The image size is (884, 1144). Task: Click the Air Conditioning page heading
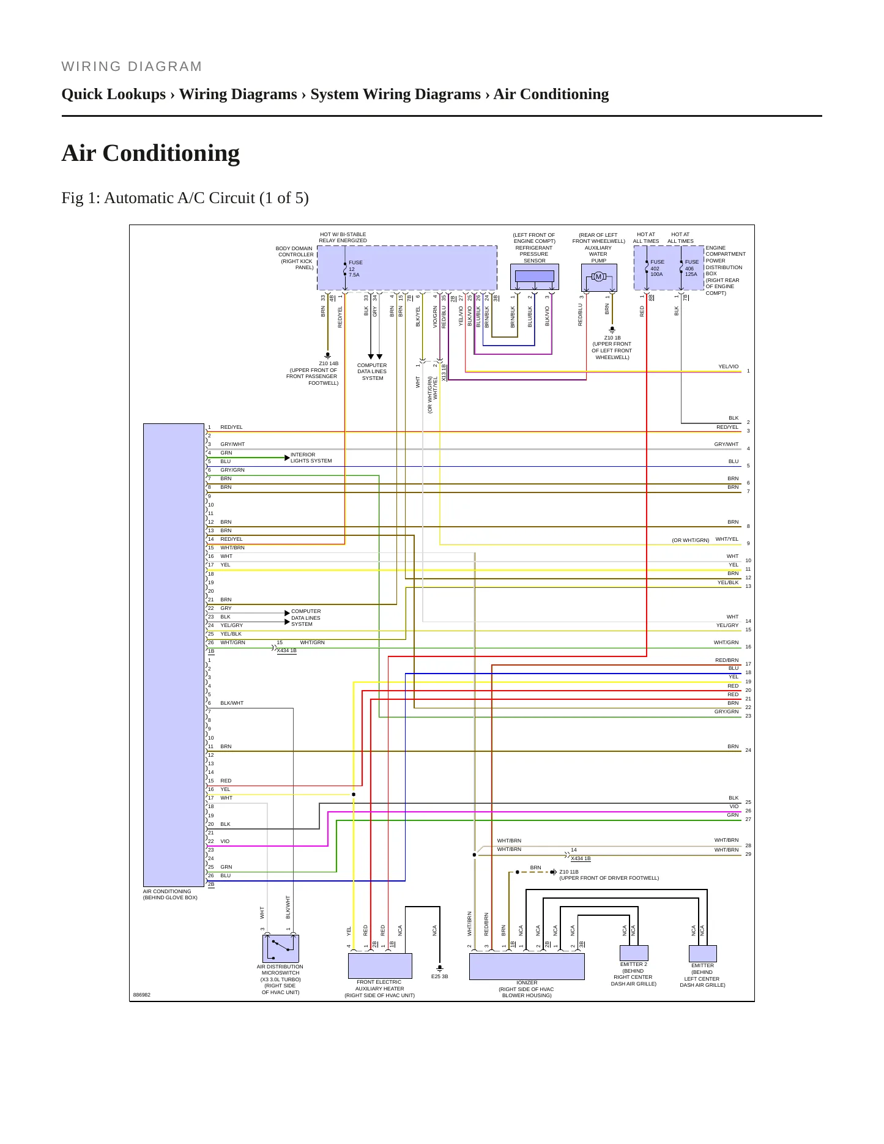click(150, 153)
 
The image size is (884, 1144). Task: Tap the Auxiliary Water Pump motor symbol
click(599, 277)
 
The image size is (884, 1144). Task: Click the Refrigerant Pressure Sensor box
click(535, 277)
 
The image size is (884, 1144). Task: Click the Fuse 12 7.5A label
click(355, 269)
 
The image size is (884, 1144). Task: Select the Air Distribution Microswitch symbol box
click(281, 949)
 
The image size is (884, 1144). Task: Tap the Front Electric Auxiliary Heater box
click(380, 966)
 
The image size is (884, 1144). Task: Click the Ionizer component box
click(527, 967)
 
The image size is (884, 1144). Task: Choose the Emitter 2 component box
click(634, 953)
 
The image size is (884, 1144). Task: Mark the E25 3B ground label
click(440, 976)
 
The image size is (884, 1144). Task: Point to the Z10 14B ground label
click(329, 363)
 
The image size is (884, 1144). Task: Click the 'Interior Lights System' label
click(311, 458)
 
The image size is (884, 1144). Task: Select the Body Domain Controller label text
click(295, 258)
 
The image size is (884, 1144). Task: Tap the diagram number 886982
click(142, 995)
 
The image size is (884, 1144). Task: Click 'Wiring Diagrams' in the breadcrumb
click(238, 94)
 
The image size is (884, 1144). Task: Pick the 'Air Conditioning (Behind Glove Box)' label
click(170, 894)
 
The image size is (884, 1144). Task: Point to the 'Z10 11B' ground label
click(569, 872)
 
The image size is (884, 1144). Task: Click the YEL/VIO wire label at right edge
click(729, 366)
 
